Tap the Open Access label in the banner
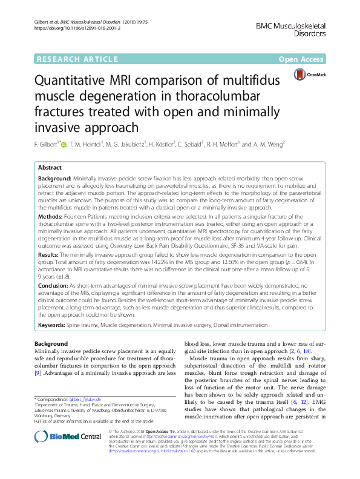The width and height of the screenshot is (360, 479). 303,59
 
